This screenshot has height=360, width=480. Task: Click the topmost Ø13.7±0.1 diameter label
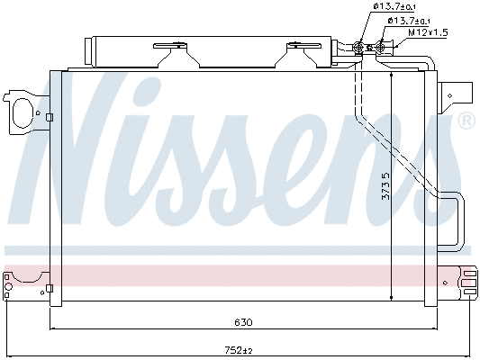click(x=391, y=8)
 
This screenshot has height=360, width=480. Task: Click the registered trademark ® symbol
click(x=466, y=121)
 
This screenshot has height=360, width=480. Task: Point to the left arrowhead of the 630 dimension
click(x=53, y=328)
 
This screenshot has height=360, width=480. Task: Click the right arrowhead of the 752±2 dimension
click(x=472, y=356)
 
